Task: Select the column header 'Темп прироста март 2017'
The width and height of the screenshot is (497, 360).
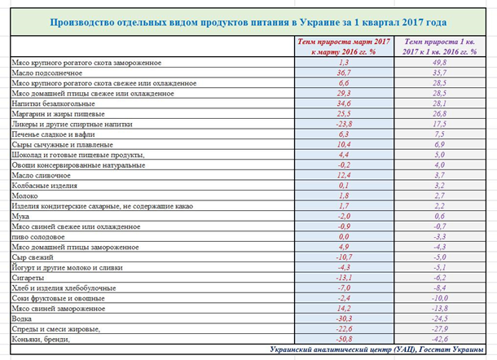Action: (x=342, y=45)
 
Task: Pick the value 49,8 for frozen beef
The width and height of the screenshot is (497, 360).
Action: (x=441, y=62)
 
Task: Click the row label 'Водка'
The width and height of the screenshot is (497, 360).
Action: (x=24, y=319)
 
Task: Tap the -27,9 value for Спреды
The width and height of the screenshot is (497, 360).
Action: (x=441, y=329)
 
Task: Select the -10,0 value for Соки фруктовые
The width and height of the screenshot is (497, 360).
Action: (x=441, y=298)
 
